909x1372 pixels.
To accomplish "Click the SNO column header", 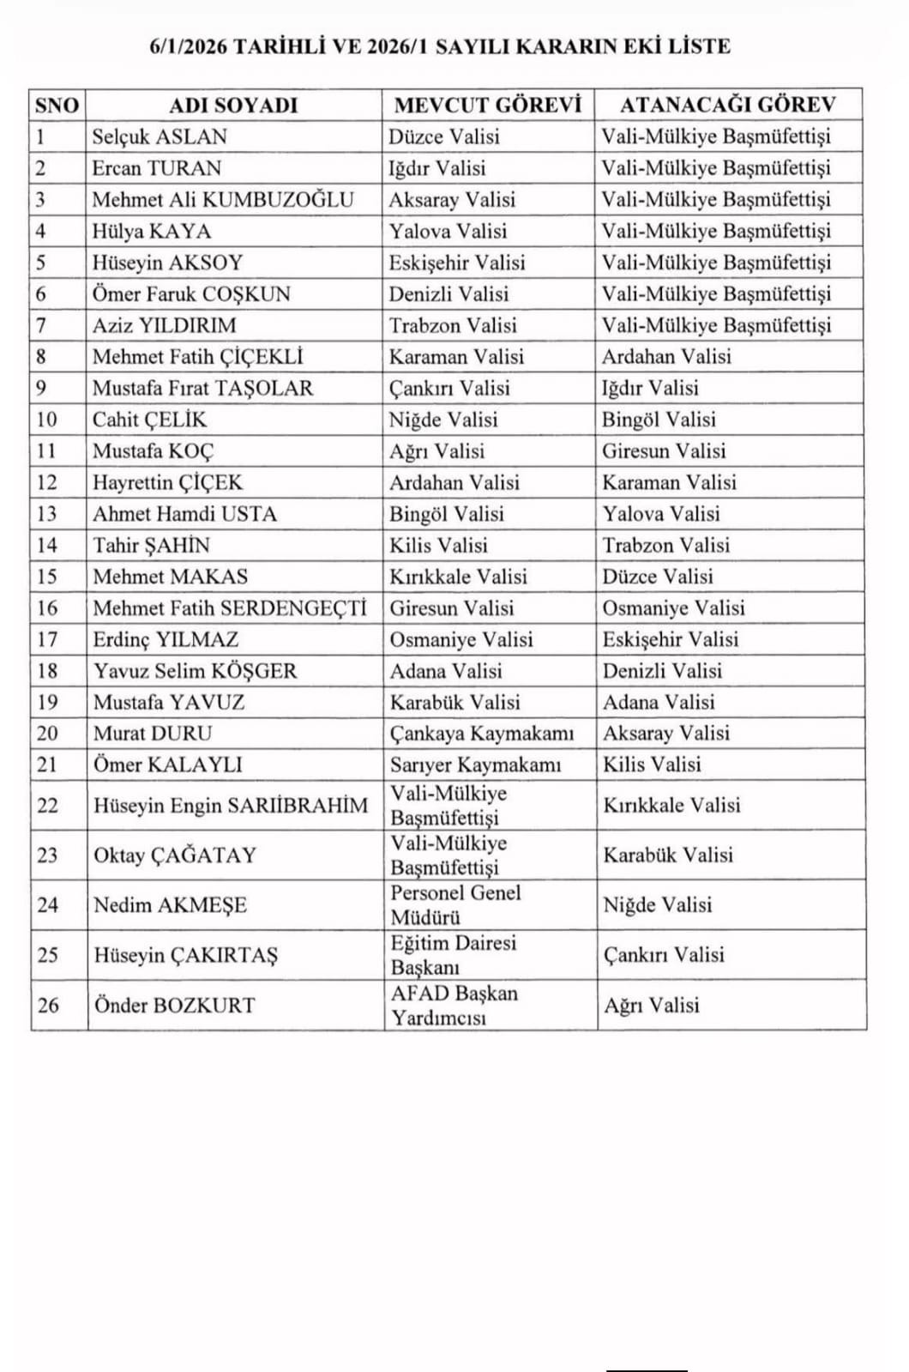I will coord(57,105).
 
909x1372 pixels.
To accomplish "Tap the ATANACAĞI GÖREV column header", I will coord(727,105).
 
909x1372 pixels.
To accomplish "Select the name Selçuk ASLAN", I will coord(160,136).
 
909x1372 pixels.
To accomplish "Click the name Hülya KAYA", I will coord(151,231).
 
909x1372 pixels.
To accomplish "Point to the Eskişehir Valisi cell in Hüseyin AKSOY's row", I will coord(456,263).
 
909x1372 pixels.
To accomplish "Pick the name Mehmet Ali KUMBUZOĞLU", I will coord(222,200).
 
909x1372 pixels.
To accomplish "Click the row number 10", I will coord(47,420).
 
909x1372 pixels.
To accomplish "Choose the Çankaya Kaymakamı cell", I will coord(481,734).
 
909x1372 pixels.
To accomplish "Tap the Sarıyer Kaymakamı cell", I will coord(475,765).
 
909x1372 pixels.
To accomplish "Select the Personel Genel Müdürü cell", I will coord(455,904).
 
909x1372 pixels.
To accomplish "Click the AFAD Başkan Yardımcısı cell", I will coord(454,1005).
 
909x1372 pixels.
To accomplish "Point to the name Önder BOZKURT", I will coord(174,1005).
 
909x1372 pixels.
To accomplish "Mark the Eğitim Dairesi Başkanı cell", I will coord(454,954).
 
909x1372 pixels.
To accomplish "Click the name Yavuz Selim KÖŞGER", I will coord(195,671).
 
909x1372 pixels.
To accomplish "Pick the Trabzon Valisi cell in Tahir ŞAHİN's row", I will coord(665,546).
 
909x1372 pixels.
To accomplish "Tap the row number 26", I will coord(48,1005).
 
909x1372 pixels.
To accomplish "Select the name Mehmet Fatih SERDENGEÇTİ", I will coord(229,608).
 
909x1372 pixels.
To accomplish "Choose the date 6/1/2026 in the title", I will coord(188,46).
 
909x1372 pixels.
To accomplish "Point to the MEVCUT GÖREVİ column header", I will coord(487,105).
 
